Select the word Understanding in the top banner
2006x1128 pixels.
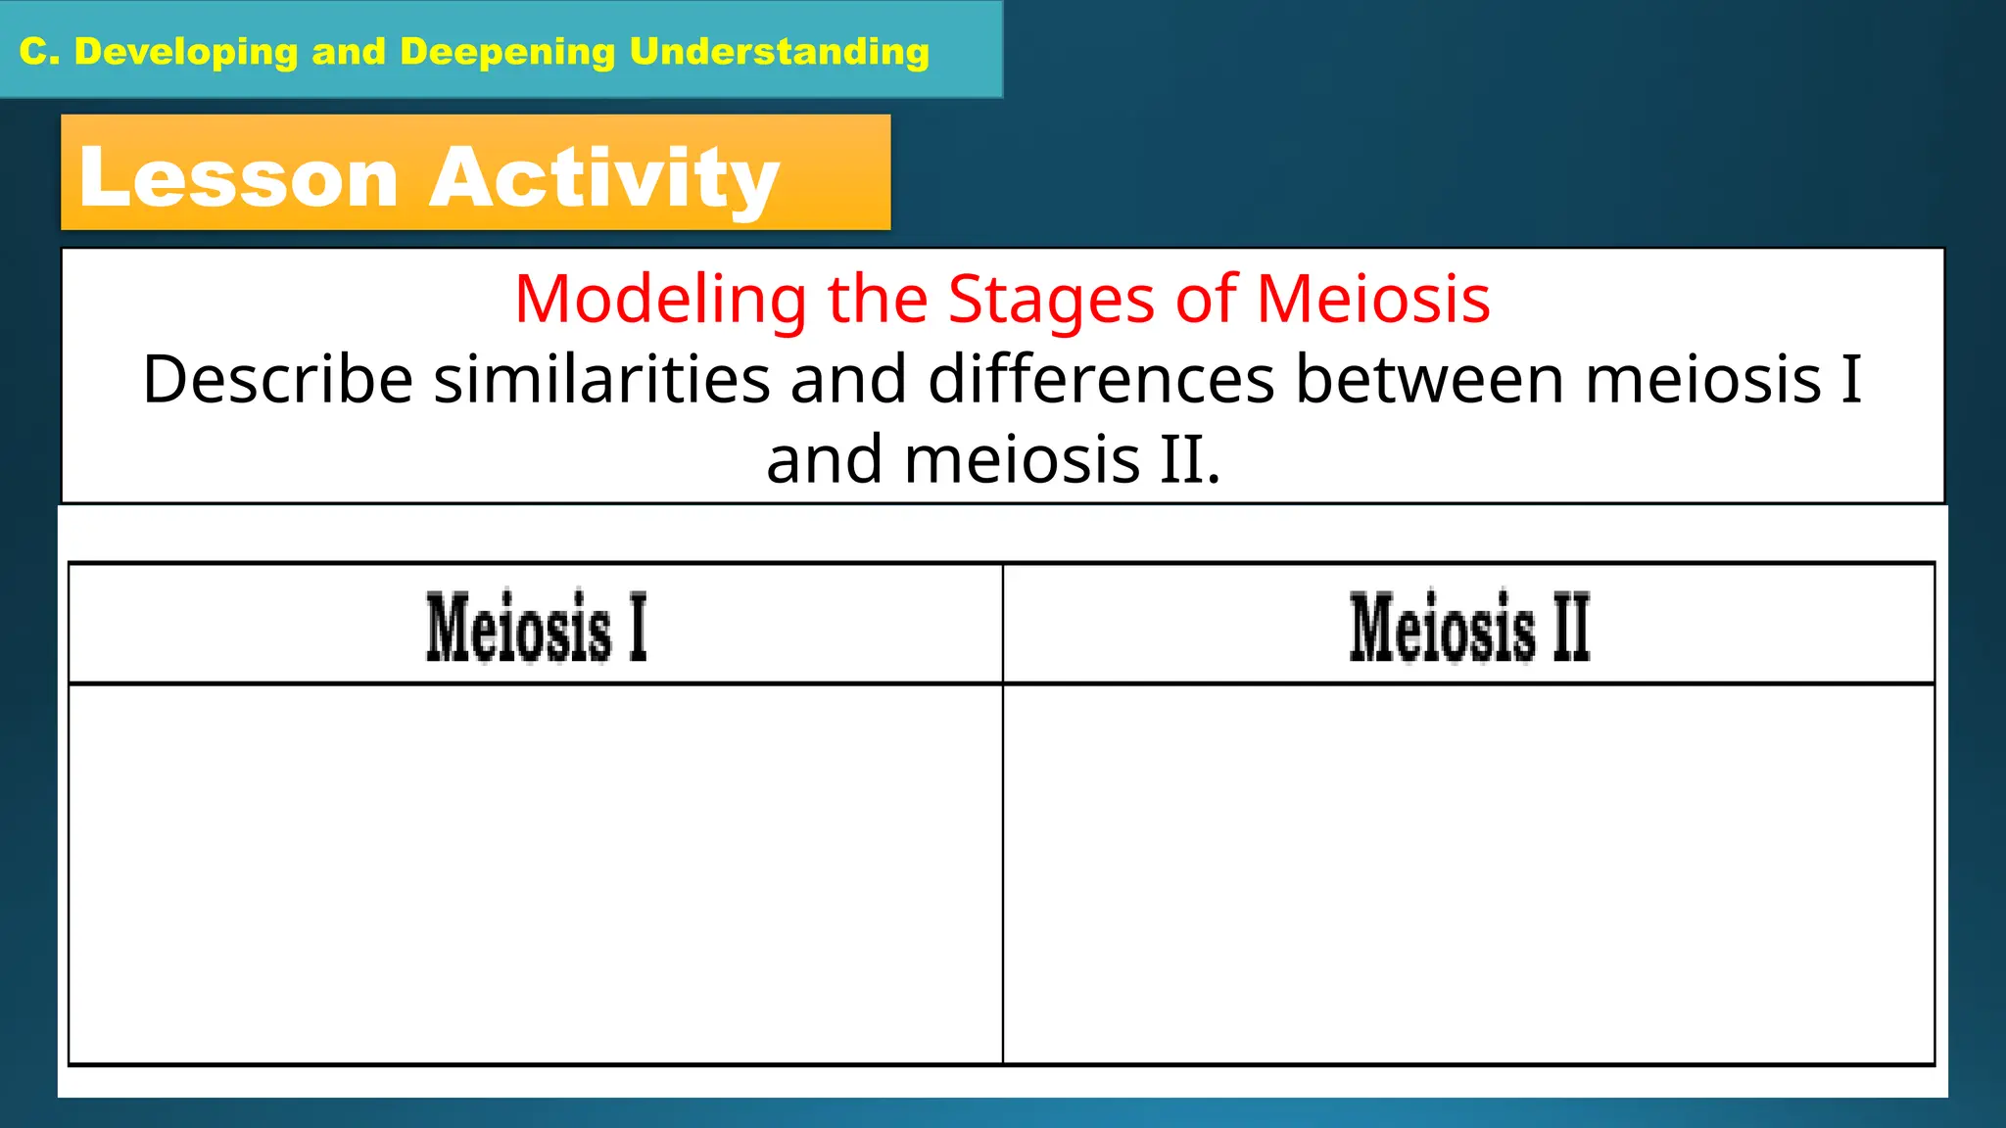[x=779, y=52]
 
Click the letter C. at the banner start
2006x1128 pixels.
[x=40, y=52]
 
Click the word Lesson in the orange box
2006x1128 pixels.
[x=239, y=178]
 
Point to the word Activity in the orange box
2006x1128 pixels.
[x=604, y=178]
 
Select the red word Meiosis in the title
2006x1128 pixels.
[x=1373, y=299]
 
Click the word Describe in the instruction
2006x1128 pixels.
[x=277, y=380]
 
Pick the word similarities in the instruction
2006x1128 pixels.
[x=601, y=380]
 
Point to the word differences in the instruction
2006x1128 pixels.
[x=1101, y=380]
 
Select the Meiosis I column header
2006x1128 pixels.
[x=536, y=627]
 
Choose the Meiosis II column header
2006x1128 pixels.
[x=1469, y=627]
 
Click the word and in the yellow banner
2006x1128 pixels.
[x=349, y=52]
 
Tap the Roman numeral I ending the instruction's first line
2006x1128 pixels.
[x=1850, y=380]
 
